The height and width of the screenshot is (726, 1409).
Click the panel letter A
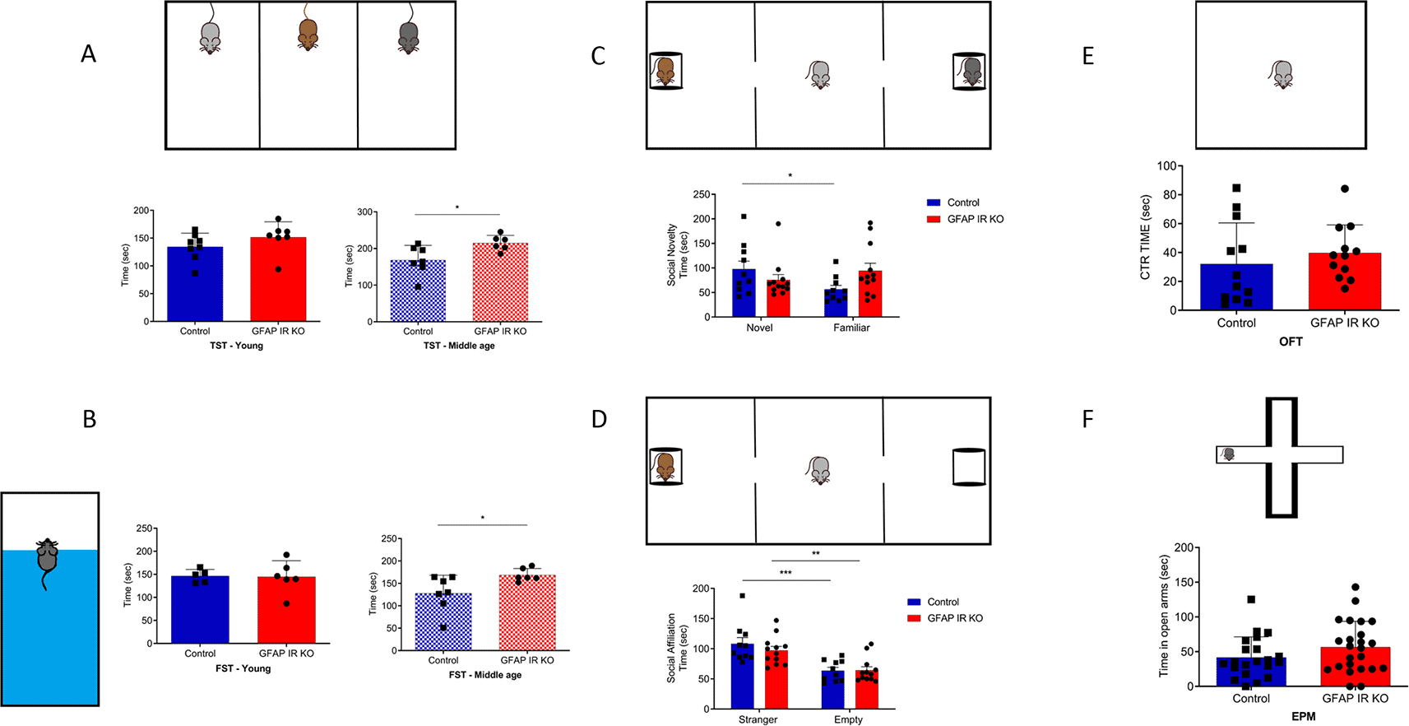coord(89,54)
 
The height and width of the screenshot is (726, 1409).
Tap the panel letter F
coord(1087,420)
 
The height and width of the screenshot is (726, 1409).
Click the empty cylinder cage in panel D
coord(968,467)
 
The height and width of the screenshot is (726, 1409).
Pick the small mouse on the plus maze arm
coord(1228,454)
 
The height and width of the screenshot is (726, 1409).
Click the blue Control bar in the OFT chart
coord(1236,287)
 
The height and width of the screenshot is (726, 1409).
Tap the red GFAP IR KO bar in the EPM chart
coord(1355,666)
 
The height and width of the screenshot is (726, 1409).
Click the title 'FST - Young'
coord(243,668)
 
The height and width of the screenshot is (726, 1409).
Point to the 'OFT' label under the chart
coord(1291,342)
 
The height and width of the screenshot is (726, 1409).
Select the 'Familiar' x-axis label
coord(851,328)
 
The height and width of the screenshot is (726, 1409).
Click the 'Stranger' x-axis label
coord(758,719)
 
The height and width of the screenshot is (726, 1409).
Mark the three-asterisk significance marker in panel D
coord(786,572)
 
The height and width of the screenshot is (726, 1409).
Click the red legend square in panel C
coord(934,219)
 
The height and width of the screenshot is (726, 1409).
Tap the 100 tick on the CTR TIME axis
coord(1166,165)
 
